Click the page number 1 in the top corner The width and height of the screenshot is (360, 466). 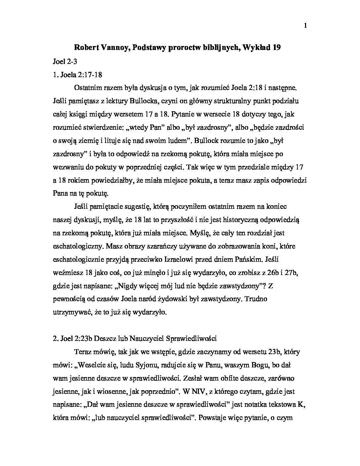[x=305, y=26]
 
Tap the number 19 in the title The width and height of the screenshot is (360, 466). [x=277, y=47]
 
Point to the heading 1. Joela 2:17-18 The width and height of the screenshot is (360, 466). [x=77, y=74]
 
